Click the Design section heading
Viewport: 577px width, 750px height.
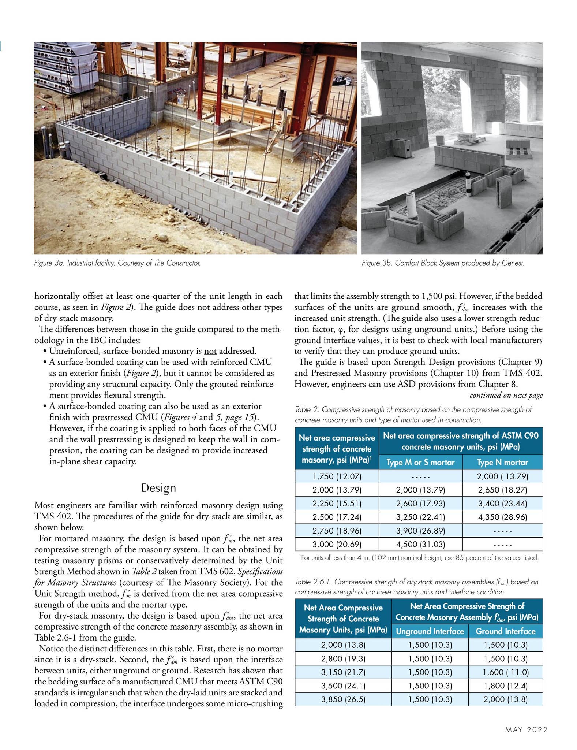click(x=158, y=488)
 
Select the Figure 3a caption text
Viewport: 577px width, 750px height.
click(x=117, y=263)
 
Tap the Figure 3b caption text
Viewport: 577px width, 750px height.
click(x=443, y=263)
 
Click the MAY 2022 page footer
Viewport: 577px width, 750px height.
click(x=526, y=729)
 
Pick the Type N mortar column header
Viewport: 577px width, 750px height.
click(x=502, y=463)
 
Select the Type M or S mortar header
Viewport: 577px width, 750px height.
click(x=420, y=463)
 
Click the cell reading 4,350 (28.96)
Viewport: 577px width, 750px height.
click(x=502, y=517)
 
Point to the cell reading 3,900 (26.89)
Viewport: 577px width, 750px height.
click(x=420, y=531)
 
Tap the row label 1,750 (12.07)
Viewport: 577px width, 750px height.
click(x=337, y=476)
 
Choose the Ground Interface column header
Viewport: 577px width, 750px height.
click(x=505, y=631)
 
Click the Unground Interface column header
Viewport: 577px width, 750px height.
click(x=430, y=631)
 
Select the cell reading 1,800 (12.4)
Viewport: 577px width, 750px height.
click(x=505, y=686)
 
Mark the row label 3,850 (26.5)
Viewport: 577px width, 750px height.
click(x=343, y=699)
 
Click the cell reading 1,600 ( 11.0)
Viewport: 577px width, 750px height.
click(x=505, y=672)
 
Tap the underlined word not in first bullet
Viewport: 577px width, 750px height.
click(x=210, y=351)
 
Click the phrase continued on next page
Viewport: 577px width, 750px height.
click(x=506, y=395)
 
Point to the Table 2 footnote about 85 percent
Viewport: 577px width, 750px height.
click(x=419, y=558)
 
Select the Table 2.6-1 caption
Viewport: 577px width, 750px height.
click(x=416, y=587)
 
